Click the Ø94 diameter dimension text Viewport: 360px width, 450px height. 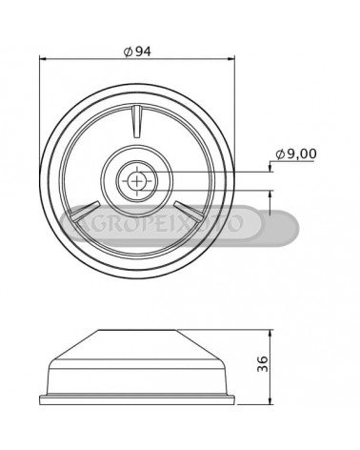coord(137,51)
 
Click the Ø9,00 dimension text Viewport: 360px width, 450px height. coord(296,154)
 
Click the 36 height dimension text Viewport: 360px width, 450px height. coord(263,363)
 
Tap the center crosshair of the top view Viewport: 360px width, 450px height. coord(137,181)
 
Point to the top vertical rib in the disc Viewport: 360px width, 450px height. coord(137,122)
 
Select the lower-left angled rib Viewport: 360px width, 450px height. coord(86,212)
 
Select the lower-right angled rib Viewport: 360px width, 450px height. coord(188,211)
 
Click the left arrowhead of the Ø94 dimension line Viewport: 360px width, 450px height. coord(43,59)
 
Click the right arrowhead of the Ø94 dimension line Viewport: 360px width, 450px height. coord(230,59)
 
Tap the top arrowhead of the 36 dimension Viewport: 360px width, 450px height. coord(270,334)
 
